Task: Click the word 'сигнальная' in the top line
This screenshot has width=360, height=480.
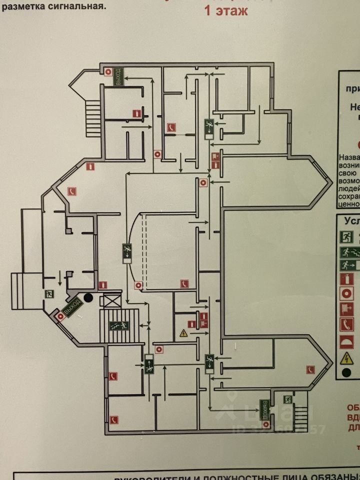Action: coord(75,6)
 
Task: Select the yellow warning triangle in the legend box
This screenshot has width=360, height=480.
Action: coord(346,358)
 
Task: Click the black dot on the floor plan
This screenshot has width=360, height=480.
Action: coord(88,298)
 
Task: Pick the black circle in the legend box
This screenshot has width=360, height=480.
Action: coord(346,372)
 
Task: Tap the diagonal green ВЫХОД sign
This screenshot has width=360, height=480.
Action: coord(72,306)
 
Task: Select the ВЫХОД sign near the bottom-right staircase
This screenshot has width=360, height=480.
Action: coord(264,409)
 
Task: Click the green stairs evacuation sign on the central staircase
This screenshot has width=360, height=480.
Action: coord(120,326)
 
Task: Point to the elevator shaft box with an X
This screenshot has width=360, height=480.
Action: coord(110,301)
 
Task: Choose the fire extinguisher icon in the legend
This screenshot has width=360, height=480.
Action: coord(346,279)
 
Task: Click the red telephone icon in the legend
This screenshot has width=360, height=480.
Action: coord(346,325)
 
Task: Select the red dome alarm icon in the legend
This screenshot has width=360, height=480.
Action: coord(346,342)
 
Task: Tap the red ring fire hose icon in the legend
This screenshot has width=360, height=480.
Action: coord(346,294)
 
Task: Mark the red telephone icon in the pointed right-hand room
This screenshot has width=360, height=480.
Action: coord(310,369)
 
